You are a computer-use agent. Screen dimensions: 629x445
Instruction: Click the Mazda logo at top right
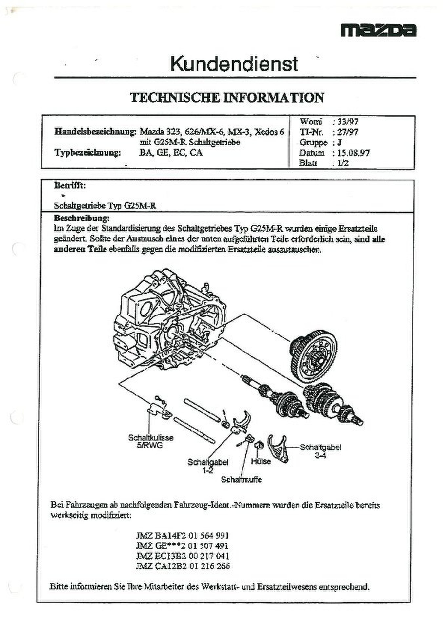378,30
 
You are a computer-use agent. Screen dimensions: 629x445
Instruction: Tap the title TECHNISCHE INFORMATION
227,98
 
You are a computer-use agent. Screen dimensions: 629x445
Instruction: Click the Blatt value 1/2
343,163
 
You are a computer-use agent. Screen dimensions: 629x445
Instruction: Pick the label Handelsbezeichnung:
95,132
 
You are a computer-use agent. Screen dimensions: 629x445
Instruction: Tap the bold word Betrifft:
70,186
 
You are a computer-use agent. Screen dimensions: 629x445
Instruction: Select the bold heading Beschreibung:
82,218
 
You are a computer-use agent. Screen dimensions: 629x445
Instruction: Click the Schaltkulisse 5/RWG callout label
150,441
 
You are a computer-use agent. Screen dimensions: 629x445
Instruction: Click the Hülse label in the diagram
261,461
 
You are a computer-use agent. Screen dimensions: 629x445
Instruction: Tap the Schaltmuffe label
242,480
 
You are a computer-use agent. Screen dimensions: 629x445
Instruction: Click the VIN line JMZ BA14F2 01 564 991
182,536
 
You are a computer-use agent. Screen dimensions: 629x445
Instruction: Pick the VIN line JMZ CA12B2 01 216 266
183,566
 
